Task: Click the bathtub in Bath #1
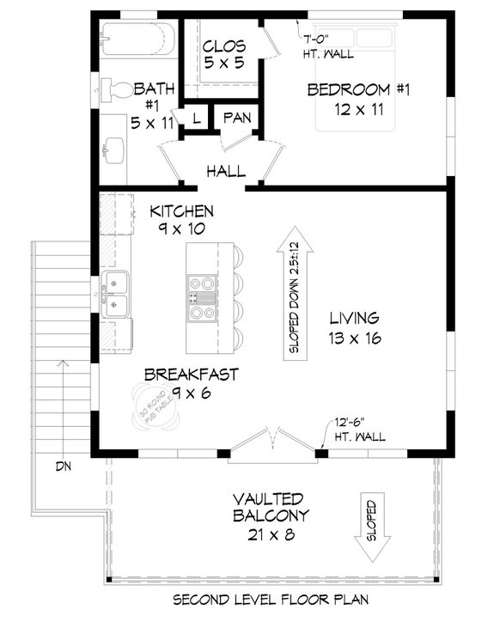pos(137,37)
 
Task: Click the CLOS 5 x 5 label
pos(225,53)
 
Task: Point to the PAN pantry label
pos(235,117)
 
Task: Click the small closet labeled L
pos(196,118)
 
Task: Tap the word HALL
pos(225,171)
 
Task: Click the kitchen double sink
pos(113,290)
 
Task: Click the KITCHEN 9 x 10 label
pos(181,219)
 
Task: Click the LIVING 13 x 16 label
pos(353,327)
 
